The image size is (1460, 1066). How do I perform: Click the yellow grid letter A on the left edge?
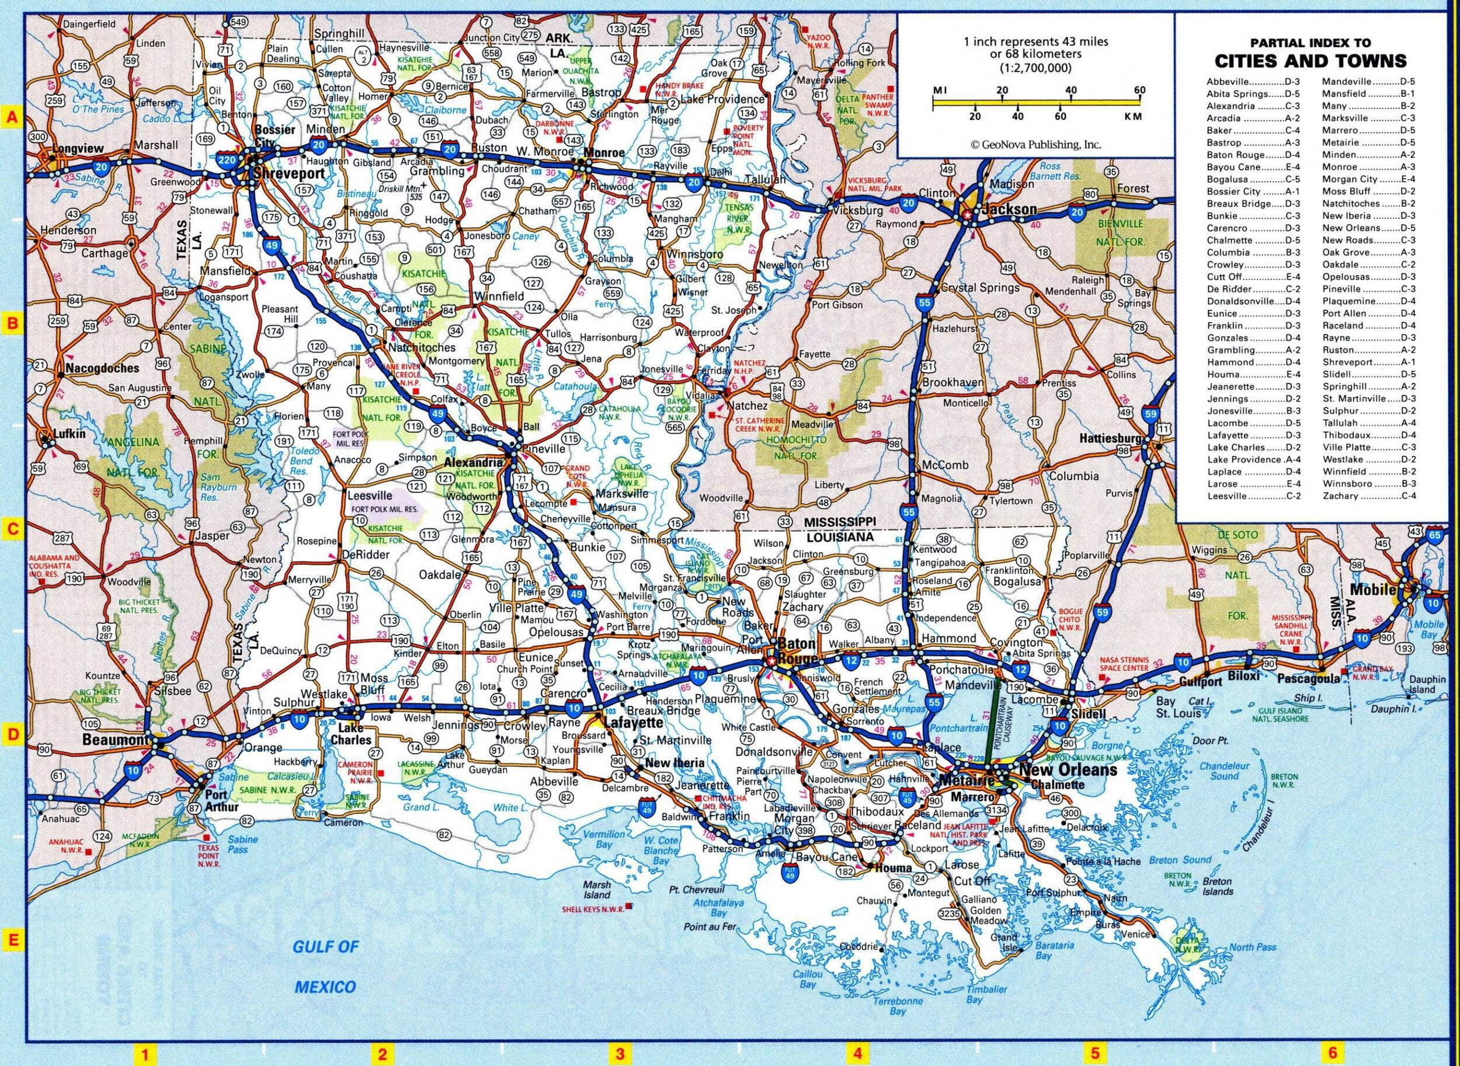(x=11, y=117)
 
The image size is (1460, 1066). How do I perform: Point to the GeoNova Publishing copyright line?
(x=1035, y=145)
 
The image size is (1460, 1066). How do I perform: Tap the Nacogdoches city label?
(x=102, y=368)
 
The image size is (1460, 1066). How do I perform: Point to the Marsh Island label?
(x=597, y=890)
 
